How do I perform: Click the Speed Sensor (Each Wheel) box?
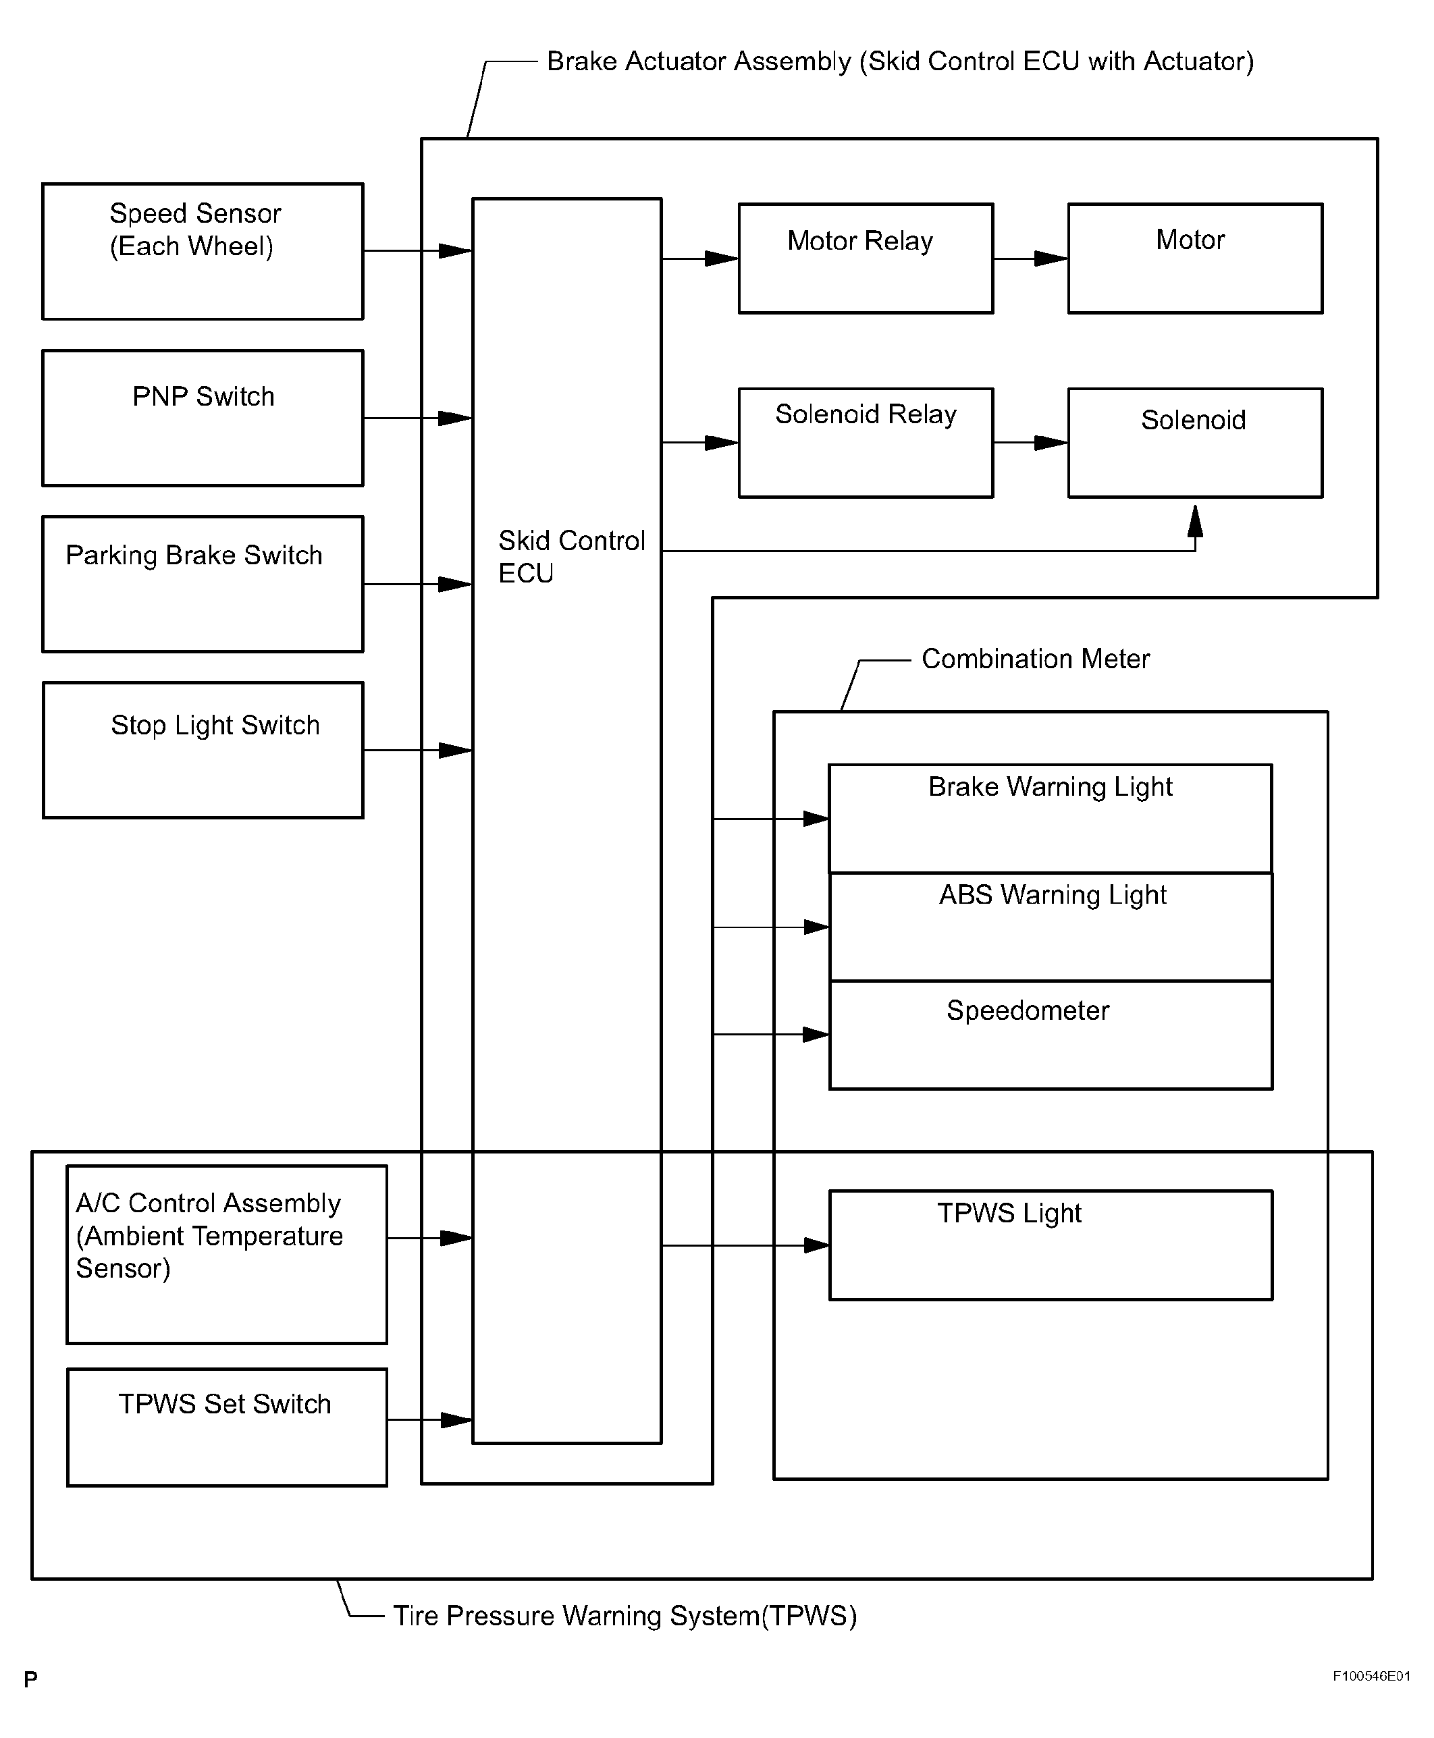[203, 251]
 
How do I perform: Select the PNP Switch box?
[203, 418]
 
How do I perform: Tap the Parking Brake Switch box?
[203, 585]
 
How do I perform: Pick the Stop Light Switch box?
[203, 751]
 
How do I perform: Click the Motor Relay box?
[866, 259]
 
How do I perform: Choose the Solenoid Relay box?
[866, 443]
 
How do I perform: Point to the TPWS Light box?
[1051, 1245]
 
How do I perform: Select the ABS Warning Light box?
[1051, 927]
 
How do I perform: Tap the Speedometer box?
[1051, 1035]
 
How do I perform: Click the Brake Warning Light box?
[1051, 819]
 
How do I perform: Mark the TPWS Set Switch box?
[227, 1428]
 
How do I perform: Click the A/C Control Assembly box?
[227, 1254]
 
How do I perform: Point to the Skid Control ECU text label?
[572, 556]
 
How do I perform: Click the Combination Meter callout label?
[1036, 659]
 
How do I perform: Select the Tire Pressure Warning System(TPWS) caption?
[625, 1616]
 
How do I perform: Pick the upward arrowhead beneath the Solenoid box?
[1195, 521]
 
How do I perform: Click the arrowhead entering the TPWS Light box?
[817, 1245]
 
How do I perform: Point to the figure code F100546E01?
[1372, 1676]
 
